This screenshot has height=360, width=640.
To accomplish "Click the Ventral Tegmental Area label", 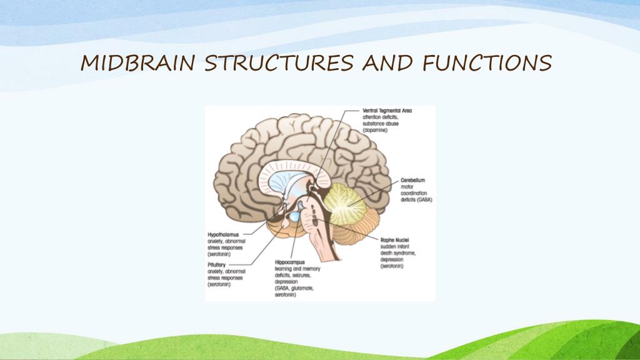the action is (x=387, y=111).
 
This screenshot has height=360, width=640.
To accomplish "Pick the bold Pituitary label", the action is (x=219, y=265).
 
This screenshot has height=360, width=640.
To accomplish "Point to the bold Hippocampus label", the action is (x=289, y=262).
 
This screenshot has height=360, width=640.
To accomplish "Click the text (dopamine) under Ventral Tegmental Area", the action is (x=375, y=131).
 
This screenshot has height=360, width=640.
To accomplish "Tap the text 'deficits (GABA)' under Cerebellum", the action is (x=416, y=199).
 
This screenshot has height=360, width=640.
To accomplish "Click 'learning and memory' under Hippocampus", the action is (x=297, y=269).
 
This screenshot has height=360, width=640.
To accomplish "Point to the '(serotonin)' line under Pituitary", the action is (x=219, y=285).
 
